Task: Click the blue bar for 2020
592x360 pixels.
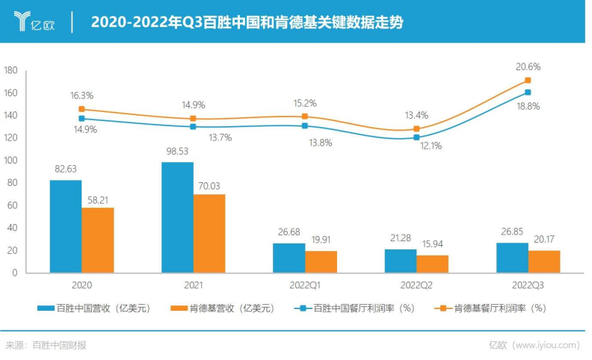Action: pyautogui.click(x=66, y=226)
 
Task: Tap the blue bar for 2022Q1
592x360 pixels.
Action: pyautogui.click(x=289, y=258)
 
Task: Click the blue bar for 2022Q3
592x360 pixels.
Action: pyautogui.click(x=512, y=258)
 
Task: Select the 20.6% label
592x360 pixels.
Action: pyautogui.click(x=528, y=66)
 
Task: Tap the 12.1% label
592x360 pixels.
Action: pyautogui.click(x=431, y=146)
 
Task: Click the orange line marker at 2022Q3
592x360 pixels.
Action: pyautogui.click(x=528, y=80)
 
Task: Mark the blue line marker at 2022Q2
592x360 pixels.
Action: pyautogui.click(x=416, y=137)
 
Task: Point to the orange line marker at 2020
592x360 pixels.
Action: pyautogui.click(x=81, y=109)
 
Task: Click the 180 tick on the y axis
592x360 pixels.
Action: pyautogui.click(x=10, y=70)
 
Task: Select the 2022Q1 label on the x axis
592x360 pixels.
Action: pyautogui.click(x=304, y=285)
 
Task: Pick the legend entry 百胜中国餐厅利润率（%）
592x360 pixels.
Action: pyautogui.click(x=356, y=307)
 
